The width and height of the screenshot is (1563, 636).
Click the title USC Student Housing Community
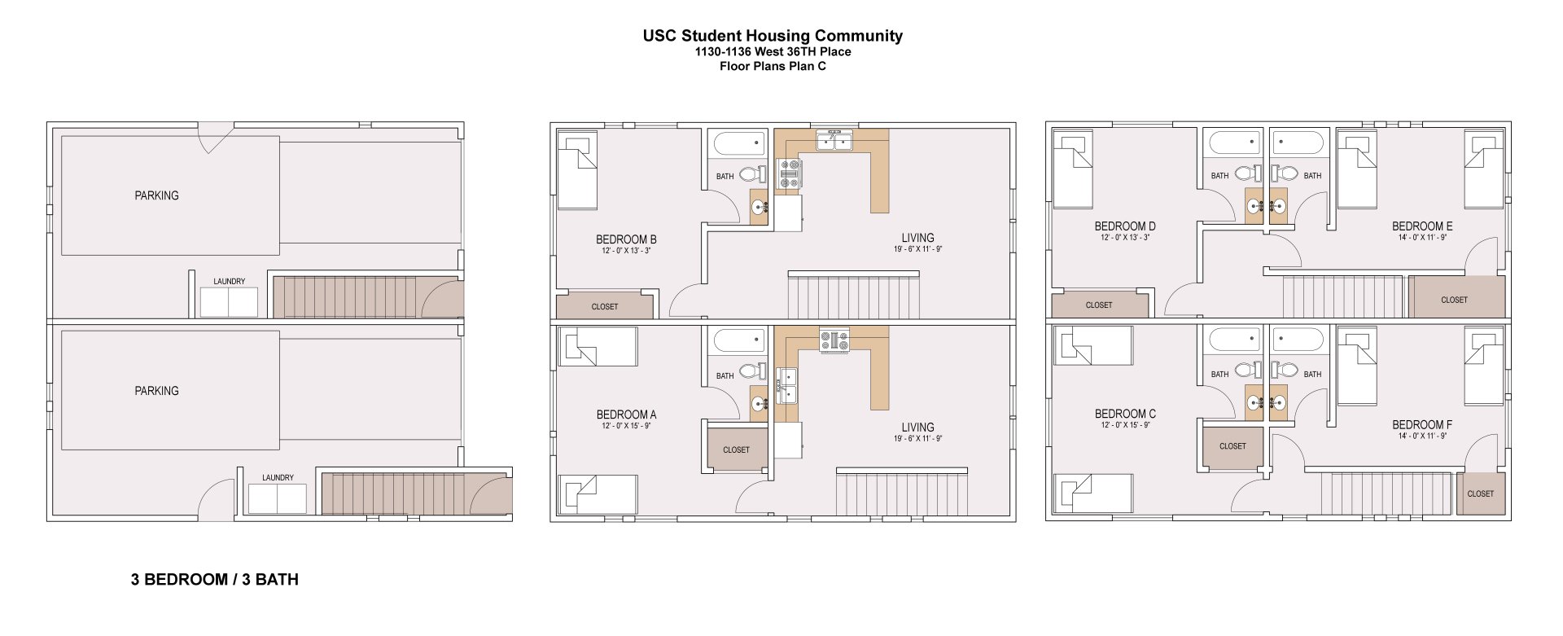click(772, 36)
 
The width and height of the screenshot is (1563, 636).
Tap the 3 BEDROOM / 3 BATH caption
click(214, 580)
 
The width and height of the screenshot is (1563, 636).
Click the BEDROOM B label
click(626, 239)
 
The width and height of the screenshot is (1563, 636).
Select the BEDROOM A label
click(626, 414)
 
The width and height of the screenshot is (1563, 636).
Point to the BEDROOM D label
click(1124, 226)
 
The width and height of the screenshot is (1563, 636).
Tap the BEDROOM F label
click(1421, 425)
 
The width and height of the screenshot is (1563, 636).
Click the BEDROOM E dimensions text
click(1422, 238)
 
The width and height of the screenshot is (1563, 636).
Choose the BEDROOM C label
click(1124, 414)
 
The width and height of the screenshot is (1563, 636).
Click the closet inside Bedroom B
click(604, 306)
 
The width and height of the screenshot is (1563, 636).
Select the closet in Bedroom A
click(736, 450)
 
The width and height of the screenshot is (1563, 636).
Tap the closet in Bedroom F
click(1480, 493)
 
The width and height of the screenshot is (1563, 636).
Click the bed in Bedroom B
click(577, 172)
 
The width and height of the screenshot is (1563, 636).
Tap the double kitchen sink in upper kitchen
click(834, 142)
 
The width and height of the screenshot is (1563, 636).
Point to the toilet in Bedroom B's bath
click(753, 174)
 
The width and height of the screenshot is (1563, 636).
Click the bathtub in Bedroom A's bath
click(738, 340)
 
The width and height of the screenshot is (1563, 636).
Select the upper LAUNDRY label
click(229, 282)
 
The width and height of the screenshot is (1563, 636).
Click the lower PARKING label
click(156, 391)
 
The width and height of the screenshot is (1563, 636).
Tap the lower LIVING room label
click(917, 428)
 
